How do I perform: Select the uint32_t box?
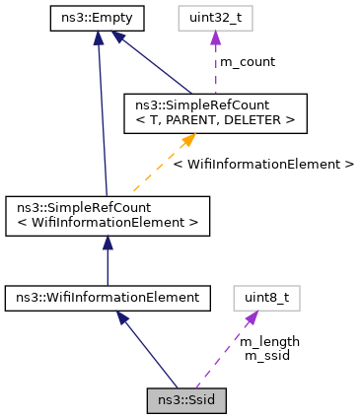[214, 17]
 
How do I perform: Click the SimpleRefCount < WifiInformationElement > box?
[107, 215]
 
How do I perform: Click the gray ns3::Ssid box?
[186, 401]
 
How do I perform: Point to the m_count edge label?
[247, 62]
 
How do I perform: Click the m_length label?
[269, 341]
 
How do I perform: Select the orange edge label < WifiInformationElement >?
[262, 164]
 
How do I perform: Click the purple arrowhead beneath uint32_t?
[214, 37]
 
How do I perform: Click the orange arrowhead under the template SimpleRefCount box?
[190, 139]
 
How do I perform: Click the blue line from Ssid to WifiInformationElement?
[148, 350]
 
